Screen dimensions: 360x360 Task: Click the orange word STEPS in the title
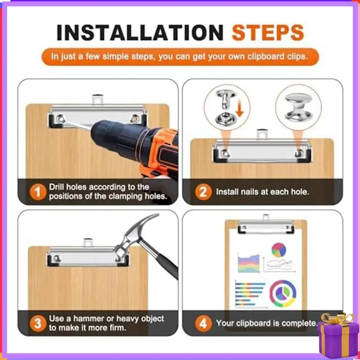[x=268, y=32]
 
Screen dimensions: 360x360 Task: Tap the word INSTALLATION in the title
[x=140, y=32]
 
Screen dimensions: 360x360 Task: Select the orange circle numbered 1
[x=38, y=192]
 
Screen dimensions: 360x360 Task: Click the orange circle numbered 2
[x=203, y=192]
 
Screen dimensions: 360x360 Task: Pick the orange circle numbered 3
[x=38, y=323]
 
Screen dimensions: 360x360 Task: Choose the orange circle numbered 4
[x=203, y=323]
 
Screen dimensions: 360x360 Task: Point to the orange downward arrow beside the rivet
[x=239, y=108]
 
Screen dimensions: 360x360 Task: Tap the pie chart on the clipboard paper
[x=279, y=250]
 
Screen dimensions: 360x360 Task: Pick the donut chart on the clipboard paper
[x=283, y=293]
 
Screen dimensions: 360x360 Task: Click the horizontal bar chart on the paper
[x=250, y=294]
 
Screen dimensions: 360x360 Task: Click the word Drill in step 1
[x=57, y=187]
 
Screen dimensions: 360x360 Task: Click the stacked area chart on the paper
[x=249, y=263]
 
